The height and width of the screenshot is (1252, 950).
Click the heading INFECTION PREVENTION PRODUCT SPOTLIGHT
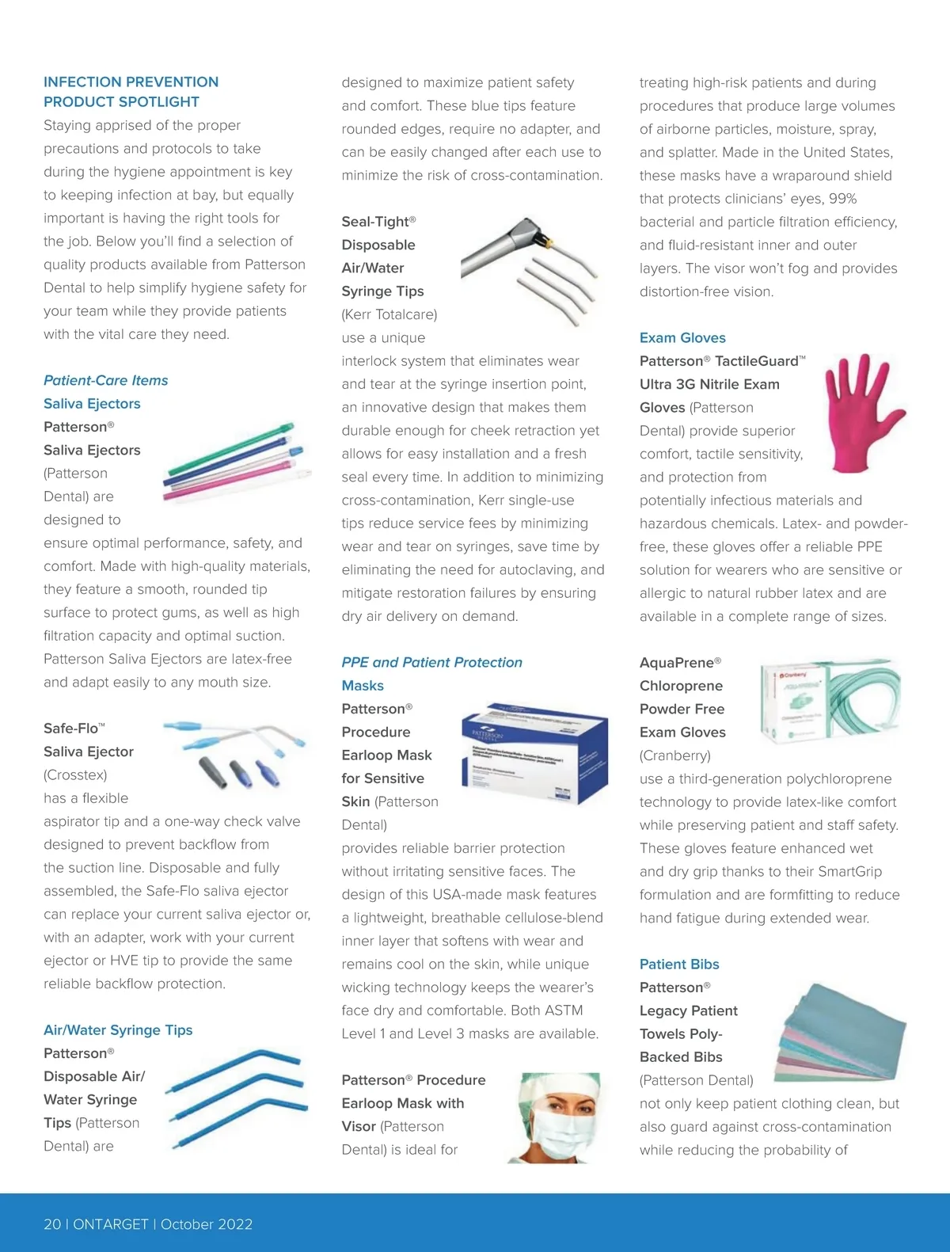click(131, 92)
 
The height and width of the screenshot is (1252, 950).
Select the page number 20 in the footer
click(52, 1224)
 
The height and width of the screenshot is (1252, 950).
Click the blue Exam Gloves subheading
click(682, 338)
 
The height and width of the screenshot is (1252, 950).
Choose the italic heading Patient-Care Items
click(106, 381)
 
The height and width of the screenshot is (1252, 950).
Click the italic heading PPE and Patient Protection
click(431, 663)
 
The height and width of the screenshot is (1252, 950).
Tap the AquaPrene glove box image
click(830, 701)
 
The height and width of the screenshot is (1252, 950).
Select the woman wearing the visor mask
click(558, 1117)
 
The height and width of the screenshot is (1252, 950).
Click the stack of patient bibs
click(842, 1033)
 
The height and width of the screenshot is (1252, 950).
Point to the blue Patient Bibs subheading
click(679, 965)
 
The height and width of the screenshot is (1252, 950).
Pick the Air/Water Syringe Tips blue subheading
click(118, 1030)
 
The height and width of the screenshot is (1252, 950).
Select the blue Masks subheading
click(363, 686)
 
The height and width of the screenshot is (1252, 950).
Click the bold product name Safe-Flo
click(71, 729)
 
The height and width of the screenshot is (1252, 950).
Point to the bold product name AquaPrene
click(677, 663)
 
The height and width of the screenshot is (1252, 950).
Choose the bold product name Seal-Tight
click(375, 222)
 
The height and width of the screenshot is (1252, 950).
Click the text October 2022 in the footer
click(207, 1224)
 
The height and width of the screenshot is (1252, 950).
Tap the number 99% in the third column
click(843, 199)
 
